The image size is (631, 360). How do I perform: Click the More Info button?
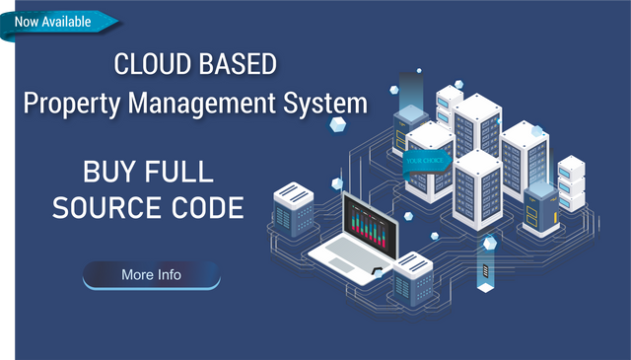click(151, 275)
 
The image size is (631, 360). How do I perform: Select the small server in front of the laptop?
click(413, 275)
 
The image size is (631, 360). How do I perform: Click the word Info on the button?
click(169, 275)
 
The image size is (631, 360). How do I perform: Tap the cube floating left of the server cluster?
click(338, 124)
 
